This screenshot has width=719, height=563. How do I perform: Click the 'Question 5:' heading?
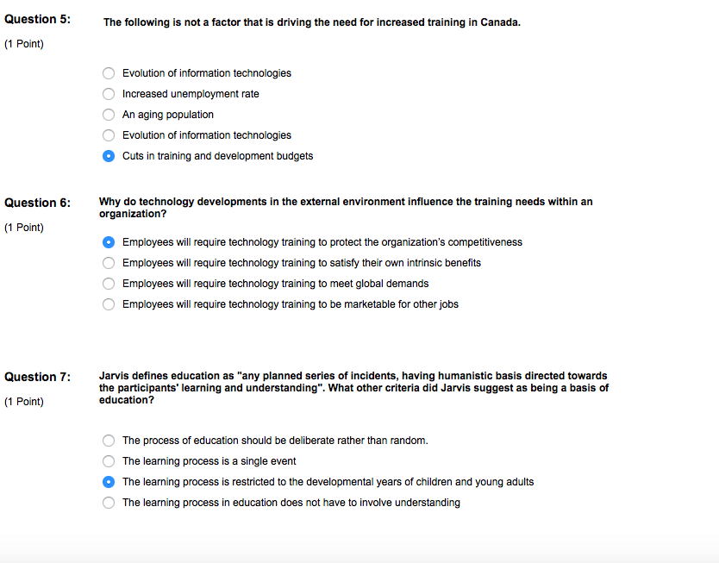[38, 19]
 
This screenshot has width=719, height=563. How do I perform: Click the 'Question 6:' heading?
[38, 203]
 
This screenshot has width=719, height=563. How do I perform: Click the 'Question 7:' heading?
[38, 377]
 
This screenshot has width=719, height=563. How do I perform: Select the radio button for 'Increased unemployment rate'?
[109, 94]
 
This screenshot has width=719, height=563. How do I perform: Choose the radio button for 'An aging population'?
[109, 115]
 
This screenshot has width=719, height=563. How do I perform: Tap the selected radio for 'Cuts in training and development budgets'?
[109, 156]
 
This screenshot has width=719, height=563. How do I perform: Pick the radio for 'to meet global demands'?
[109, 284]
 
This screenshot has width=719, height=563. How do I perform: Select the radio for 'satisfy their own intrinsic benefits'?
[109, 263]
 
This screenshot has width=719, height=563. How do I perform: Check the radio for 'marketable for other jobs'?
[109, 304]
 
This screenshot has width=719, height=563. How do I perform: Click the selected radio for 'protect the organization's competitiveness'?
[109, 242]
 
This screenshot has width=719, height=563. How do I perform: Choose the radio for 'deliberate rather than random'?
[109, 441]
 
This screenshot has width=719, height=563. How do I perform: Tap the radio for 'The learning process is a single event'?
[109, 461]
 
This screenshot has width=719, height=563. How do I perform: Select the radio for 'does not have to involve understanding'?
[109, 503]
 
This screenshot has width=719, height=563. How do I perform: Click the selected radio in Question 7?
[109, 482]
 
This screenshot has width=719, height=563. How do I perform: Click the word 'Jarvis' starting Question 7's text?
[115, 376]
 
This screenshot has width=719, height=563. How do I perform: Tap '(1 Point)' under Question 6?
[24, 228]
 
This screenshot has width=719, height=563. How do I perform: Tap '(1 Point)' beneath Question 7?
[24, 402]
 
